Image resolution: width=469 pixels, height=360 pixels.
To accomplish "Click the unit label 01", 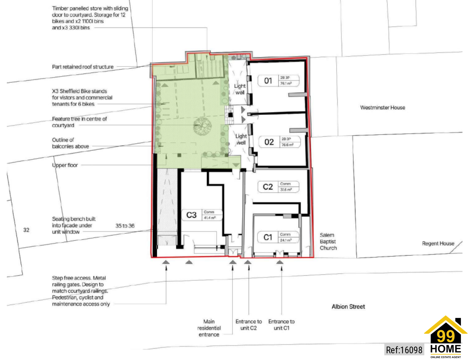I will pos(268,81).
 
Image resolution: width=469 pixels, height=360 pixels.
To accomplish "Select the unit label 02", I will pos(269,142).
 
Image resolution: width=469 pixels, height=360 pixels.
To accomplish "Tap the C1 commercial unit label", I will pos(268,237).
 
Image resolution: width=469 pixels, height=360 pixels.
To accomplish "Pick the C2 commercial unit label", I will pos(268,187).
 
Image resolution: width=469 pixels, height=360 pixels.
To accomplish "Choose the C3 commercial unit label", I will pos(191,215).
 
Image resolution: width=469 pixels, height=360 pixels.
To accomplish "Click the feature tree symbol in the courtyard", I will pos(202,126).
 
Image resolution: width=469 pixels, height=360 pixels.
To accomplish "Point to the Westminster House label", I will pos(382,107).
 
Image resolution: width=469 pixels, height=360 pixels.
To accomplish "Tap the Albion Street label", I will pos(348,307).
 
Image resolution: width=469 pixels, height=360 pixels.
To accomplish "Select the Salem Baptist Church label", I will pos(328,241).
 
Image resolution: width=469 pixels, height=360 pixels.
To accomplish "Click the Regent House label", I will pos(438,243).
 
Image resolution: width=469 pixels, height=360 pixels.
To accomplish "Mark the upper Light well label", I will pos(240,89).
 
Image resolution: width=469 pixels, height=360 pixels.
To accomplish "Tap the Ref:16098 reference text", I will pos(404,350).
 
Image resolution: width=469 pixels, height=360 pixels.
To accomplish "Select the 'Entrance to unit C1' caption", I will pos(281,325).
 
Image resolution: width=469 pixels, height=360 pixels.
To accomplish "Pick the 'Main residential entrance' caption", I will pos(209,328).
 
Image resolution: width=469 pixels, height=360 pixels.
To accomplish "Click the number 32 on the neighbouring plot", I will pos(26,230).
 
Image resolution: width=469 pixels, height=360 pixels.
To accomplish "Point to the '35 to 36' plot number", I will pos(125,226).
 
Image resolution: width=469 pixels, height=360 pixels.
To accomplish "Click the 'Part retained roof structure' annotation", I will pos(83,67).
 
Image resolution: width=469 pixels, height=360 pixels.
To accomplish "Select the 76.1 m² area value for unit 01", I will pos(286,84).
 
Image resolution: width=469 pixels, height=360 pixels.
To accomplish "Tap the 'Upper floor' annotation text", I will pos(65,165).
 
